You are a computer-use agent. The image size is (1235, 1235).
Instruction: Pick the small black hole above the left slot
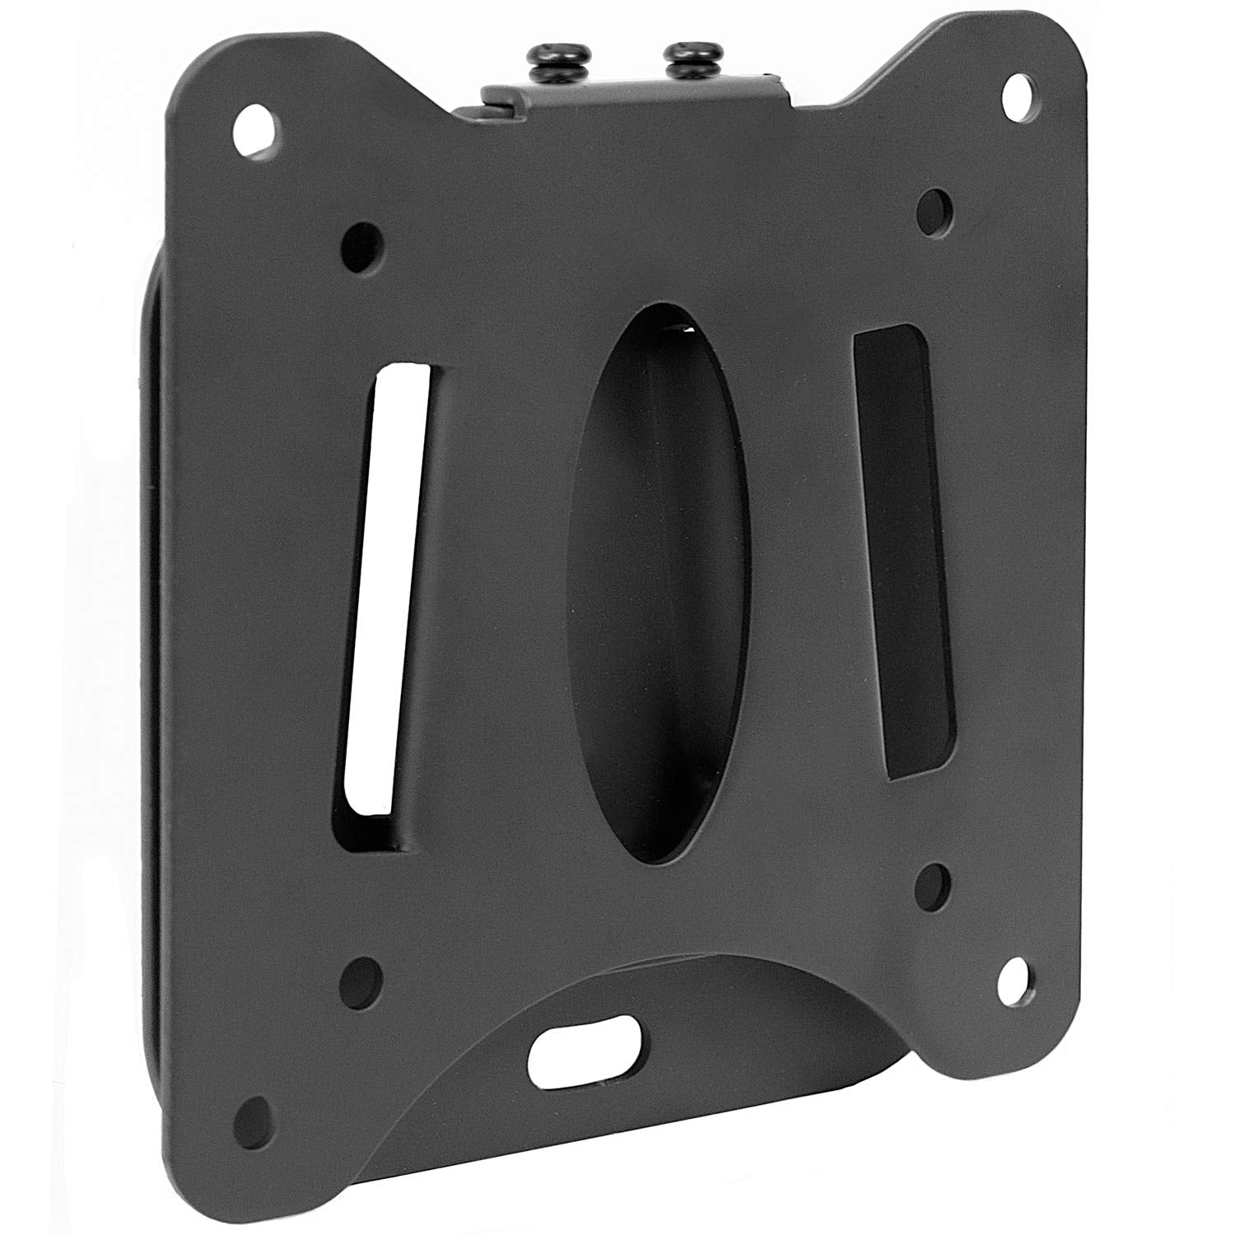click(x=362, y=240)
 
